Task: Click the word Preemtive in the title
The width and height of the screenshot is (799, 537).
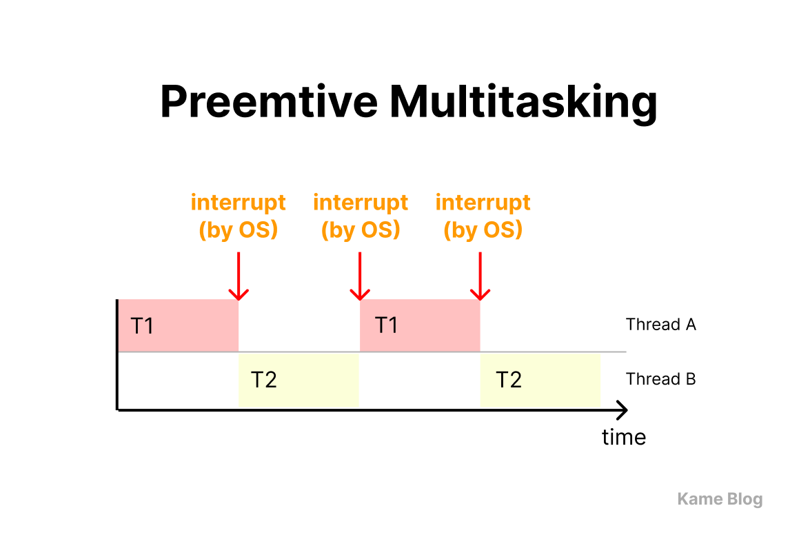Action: [268, 102]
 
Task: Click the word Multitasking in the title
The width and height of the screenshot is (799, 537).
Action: [523, 102]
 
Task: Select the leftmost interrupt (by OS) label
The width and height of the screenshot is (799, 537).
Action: [238, 216]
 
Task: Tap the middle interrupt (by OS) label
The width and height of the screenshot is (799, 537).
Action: [361, 216]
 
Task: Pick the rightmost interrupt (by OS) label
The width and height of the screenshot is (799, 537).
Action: [483, 216]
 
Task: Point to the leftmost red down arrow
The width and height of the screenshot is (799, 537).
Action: [238, 276]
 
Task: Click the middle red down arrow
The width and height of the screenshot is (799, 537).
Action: [360, 276]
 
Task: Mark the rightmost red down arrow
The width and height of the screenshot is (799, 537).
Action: [480, 276]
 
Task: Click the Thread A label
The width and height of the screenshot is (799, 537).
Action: [660, 325]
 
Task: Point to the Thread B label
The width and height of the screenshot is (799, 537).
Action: [660, 379]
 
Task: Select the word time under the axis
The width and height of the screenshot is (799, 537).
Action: [623, 437]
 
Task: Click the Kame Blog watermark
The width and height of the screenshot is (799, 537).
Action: [720, 499]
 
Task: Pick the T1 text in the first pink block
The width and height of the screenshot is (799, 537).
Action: [142, 325]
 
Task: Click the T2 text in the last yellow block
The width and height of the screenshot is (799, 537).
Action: [509, 380]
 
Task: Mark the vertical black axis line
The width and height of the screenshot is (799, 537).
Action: [118, 355]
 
